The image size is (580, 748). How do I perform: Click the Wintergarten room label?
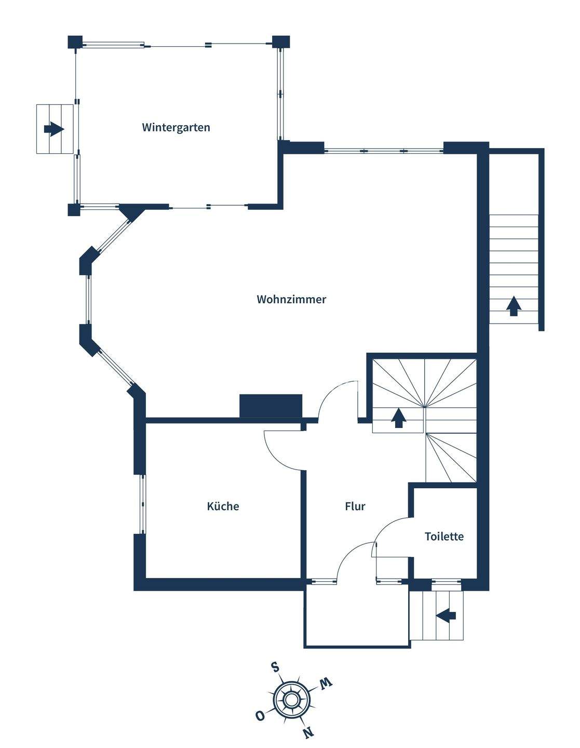176,127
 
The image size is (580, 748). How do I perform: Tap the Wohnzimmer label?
291,299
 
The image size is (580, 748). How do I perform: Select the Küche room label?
223,506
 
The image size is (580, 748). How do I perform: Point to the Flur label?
355,506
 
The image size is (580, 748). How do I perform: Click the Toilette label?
444,536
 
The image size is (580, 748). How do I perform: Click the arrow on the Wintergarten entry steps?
54,128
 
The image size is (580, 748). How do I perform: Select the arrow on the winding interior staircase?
398,418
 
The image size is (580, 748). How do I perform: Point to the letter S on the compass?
275,667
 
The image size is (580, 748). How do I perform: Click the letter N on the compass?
308,732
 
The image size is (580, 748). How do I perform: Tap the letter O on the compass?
260,716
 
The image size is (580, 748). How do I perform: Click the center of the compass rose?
292,700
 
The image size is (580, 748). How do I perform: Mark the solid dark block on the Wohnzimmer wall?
271,405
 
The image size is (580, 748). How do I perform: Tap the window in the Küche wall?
142,504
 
